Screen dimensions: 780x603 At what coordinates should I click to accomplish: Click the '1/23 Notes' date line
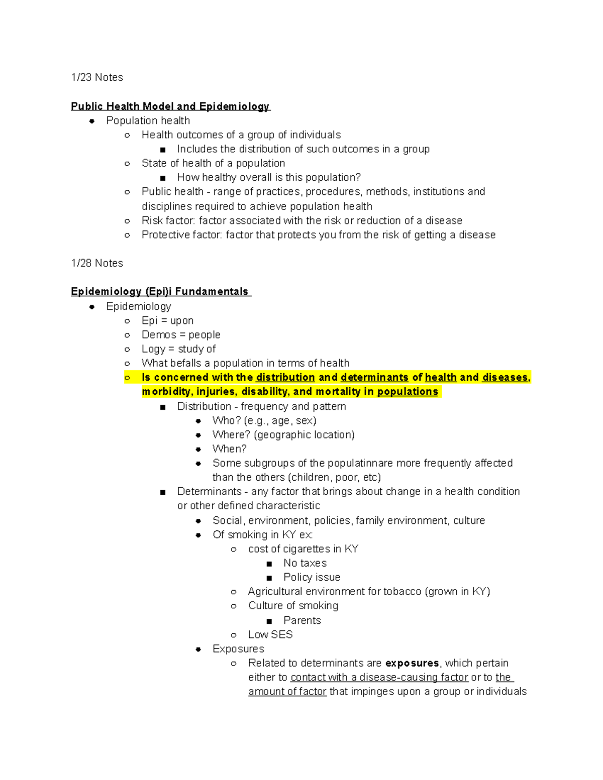97,77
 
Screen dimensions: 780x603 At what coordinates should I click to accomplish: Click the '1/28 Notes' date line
97,263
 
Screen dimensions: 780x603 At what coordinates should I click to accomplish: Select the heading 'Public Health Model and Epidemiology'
170,106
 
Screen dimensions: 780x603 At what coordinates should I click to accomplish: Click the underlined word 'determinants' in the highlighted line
374,377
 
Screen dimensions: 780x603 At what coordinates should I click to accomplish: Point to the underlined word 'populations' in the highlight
408,392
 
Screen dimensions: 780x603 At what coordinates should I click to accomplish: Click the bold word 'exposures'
412,663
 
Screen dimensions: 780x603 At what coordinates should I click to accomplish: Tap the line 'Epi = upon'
167,320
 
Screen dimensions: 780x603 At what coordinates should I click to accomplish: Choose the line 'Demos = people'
181,335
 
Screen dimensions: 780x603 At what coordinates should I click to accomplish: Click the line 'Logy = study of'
178,349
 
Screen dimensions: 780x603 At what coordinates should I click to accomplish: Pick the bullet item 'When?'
230,449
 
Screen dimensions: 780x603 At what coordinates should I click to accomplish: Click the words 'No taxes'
305,563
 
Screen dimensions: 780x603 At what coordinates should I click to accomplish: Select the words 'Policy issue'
312,577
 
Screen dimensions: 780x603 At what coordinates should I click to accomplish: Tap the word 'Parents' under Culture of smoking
302,620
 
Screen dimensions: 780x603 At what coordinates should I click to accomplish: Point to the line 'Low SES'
270,634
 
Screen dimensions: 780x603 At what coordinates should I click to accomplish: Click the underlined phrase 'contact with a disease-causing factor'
379,678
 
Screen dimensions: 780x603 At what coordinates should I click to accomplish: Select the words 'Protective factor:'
181,235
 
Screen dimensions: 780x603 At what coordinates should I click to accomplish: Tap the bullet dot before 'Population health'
92,121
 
